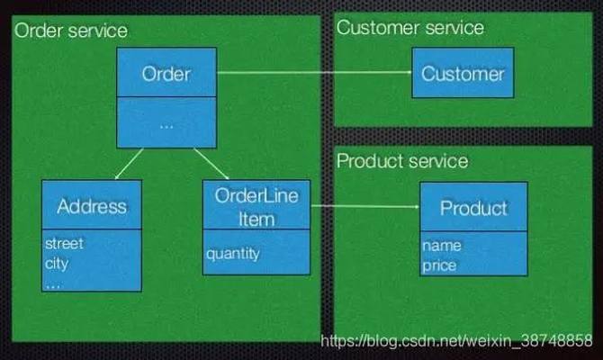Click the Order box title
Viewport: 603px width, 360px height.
click(x=166, y=73)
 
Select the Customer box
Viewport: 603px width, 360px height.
click(x=463, y=73)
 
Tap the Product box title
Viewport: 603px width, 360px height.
click(x=473, y=208)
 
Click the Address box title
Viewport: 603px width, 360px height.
click(x=91, y=205)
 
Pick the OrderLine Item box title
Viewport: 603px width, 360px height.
click(x=256, y=207)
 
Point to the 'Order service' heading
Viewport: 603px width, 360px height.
click(x=69, y=31)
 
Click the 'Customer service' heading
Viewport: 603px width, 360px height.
click(x=409, y=27)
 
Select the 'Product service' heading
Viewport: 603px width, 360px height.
click(x=402, y=161)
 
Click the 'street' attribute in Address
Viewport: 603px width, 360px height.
click(x=64, y=243)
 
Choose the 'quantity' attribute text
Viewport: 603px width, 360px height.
click(x=232, y=253)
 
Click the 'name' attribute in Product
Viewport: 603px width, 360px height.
click(x=441, y=245)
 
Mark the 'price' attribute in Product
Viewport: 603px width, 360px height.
click(x=438, y=265)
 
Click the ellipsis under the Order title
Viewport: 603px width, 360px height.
click(x=166, y=124)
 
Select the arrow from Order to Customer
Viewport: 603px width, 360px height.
click(x=314, y=73)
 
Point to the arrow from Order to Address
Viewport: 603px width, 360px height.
click(x=127, y=163)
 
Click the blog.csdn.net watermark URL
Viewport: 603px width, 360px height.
click(x=457, y=342)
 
